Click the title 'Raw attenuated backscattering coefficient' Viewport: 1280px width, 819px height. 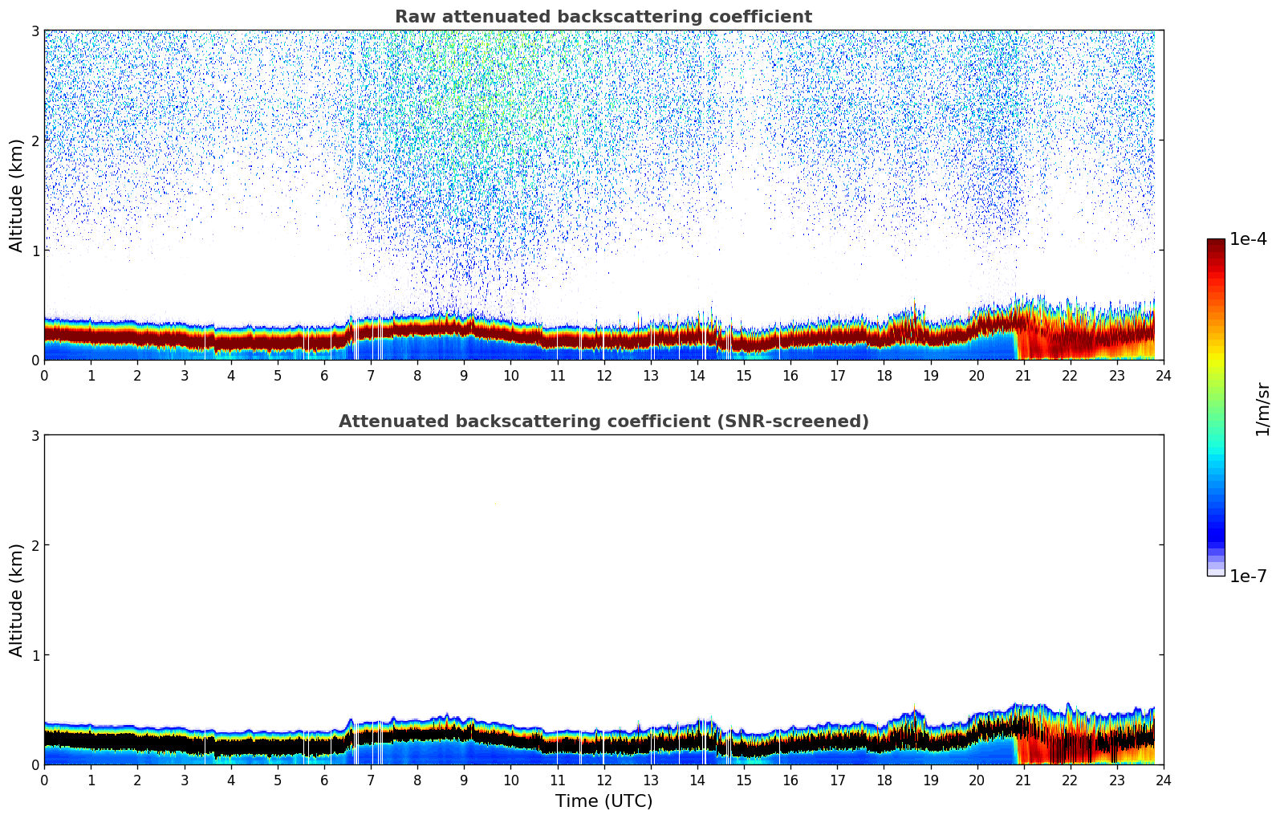click(x=603, y=17)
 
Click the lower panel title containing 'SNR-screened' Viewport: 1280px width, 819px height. click(x=603, y=422)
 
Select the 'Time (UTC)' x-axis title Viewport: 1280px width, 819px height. click(x=603, y=801)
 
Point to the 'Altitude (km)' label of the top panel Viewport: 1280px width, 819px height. click(x=17, y=195)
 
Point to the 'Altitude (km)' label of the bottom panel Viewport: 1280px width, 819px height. click(x=17, y=600)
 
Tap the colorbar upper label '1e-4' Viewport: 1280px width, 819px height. click(x=1248, y=239)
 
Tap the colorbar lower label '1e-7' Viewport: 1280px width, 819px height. click(x=1248, y=576)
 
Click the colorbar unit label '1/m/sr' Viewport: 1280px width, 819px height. click(x=1262, y=409)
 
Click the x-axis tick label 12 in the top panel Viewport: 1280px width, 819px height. click(x=603, y=375)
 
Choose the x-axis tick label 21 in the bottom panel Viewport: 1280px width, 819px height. click(x=1023, y=780)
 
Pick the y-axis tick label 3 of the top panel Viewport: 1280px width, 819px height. click(x=35, y=31)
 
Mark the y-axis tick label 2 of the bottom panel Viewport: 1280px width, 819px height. click(x=35, y=545)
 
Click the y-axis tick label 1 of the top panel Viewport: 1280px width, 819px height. click(x=35, y=251)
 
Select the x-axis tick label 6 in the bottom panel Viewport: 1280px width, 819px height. click(x=324, y=780)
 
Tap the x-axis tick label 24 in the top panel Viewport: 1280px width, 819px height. click(x=1163, y=375)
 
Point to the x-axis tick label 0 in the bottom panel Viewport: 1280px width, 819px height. click(x=44, y=780)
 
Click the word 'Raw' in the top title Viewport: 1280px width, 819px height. click(x=411, y=17)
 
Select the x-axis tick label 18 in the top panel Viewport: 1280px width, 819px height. click(x=884, y=375)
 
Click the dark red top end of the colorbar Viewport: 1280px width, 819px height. click(x=1215, y=242)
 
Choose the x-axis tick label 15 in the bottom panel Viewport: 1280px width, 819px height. click(x=744, y=780)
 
